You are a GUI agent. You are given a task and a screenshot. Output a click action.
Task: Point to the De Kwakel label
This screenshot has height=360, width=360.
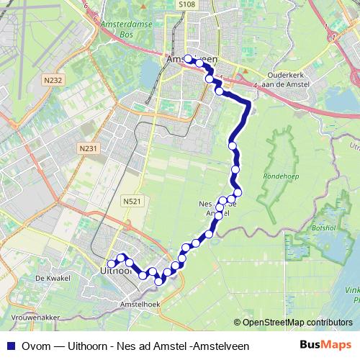click(50, 276)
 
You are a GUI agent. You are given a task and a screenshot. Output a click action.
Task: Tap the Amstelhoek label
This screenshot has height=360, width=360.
click(143, 305)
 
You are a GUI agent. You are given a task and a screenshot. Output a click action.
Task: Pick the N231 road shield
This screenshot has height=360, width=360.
click(87, 148)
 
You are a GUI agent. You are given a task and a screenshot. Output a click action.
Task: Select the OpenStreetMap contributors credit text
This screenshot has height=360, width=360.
click(293, 323)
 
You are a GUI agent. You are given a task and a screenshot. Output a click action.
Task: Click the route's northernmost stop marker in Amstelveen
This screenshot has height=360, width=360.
click(189, 59)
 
